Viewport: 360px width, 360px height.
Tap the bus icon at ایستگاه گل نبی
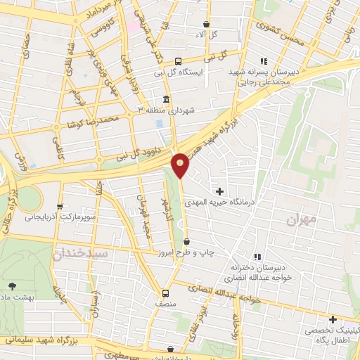click(x=178, y=61)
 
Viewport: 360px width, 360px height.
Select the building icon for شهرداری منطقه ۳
click(x=166, y=99)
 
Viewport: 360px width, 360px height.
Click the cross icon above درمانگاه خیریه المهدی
click(x=220, y=191)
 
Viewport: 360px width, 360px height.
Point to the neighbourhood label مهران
click(x=302, y=219)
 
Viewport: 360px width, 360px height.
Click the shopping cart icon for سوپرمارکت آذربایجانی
click(x=60, y=207)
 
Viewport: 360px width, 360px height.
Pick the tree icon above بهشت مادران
click(x=12, y=285)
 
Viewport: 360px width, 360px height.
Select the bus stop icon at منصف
click(x=166, y=293)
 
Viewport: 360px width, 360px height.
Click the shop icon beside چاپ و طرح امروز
click(x=186, y=242)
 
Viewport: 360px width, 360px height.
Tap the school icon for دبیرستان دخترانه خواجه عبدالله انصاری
click(x=257, y=256)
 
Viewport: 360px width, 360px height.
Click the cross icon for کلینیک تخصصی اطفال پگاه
click(x=333, y=319)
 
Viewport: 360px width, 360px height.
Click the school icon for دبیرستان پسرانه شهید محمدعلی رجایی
click(x=265, y=61)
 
